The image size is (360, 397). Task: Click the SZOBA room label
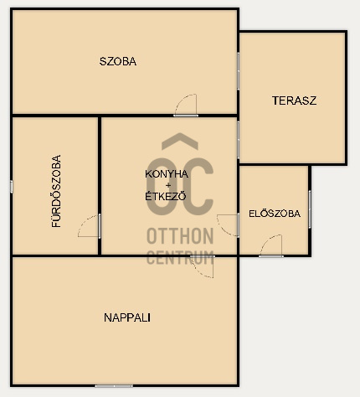[x=118, y=61]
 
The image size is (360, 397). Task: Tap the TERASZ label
[x=295, y=101]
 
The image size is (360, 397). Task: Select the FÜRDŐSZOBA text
[x=56, y=191]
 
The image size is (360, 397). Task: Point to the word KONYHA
[x=167, y=174]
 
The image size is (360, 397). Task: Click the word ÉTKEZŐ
[x=166, y=196]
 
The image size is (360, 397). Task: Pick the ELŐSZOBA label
[x=275, y=214]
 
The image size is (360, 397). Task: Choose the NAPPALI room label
[x=127, y=317]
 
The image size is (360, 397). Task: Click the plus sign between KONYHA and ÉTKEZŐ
[x=168, y=185]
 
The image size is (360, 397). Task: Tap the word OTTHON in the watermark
[x=180, y=236]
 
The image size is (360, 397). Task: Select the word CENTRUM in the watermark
[x=180, y=257]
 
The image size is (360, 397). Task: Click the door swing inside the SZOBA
[x=186, y=106]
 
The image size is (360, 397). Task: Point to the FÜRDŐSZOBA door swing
[x=89, y=226]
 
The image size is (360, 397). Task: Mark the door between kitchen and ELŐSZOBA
[x=228, y=225]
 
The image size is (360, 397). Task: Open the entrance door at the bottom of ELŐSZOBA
[x=271, y=245]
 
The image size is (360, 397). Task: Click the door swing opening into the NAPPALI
[x=203, y=266]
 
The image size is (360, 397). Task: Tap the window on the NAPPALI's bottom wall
[x=114, y=386]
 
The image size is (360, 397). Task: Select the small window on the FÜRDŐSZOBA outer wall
[x=12, y=187]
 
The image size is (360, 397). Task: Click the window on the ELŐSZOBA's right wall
[x=310, y=209]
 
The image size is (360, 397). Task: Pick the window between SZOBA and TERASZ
[x=239, y=71]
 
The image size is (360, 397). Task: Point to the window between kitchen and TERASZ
[x=239, y=140]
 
